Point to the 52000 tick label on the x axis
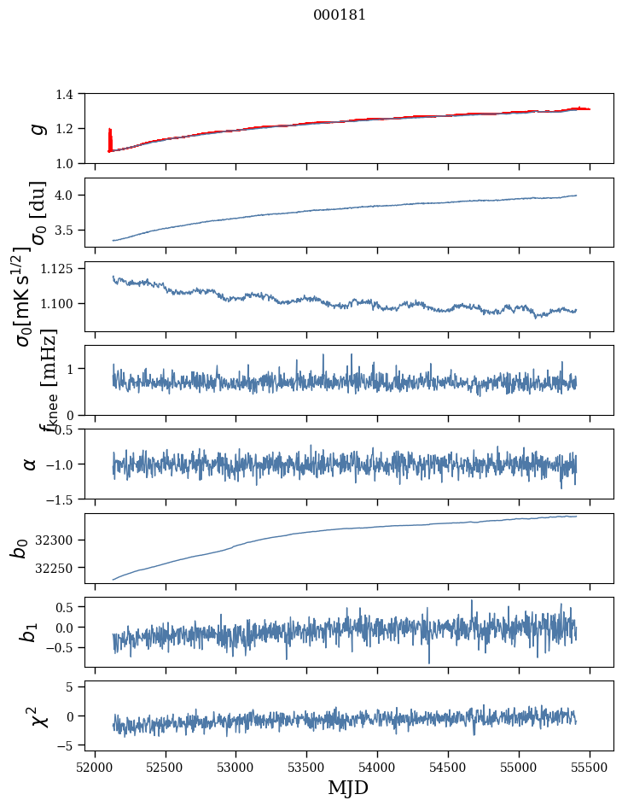[95, 767]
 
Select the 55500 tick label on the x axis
[590, 767]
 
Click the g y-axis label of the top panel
[36, 128]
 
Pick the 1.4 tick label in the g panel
[72, 94]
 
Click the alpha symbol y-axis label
[31, 464]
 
